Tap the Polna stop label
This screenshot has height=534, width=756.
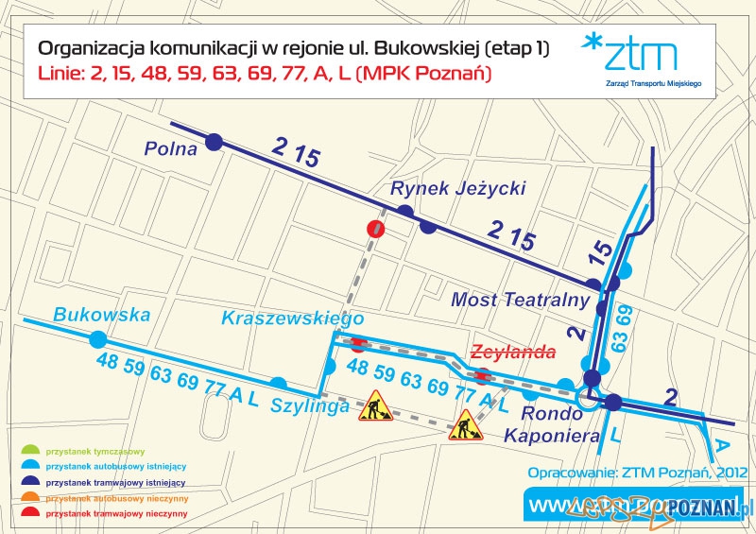[x=170, y=149]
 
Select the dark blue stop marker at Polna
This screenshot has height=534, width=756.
[x=214, y=142]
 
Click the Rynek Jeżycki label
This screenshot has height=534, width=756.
[x=457, y=189]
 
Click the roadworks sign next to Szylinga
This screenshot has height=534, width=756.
[x=375, y=405]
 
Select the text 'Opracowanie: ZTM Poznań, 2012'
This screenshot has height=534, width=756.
[x=639, y=472]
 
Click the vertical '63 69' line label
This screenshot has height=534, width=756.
[x=620, y=328]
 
